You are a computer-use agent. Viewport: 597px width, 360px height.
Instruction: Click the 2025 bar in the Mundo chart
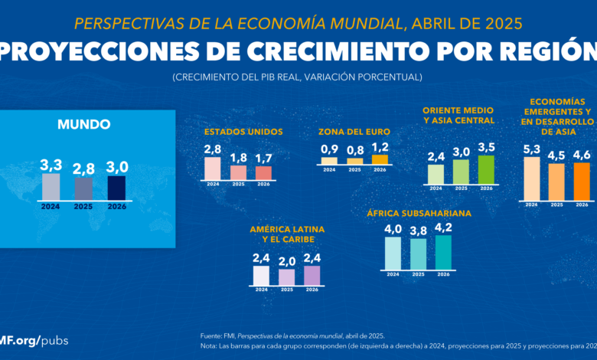(83, 188)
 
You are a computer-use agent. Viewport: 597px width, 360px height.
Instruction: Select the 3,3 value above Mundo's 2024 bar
(51, 165)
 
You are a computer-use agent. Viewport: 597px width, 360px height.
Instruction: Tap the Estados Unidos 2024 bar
(213, 169)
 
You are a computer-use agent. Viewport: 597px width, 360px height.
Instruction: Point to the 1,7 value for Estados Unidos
(263, 159)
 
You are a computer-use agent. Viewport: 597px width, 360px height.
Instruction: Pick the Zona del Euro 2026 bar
(380, 159)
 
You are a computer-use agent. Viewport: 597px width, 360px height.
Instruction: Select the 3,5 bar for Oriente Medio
(486, 169)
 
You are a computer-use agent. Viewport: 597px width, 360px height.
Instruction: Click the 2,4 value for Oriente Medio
(436, 157)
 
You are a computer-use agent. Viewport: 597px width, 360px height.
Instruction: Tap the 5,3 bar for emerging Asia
(531, 178)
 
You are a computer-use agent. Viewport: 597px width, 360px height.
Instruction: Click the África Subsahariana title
(419, 213)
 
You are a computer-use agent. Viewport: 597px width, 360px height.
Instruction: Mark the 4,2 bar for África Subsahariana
(443, 252)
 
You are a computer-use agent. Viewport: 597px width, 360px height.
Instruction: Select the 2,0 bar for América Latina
(287, 277)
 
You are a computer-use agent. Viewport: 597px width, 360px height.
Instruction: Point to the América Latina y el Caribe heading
(287, 234)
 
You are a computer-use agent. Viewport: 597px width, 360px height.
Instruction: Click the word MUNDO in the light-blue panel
(84, 124)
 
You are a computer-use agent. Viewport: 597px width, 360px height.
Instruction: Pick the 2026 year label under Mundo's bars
(116, 206)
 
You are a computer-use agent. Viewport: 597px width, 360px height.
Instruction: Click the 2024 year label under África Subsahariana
(393, 273)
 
